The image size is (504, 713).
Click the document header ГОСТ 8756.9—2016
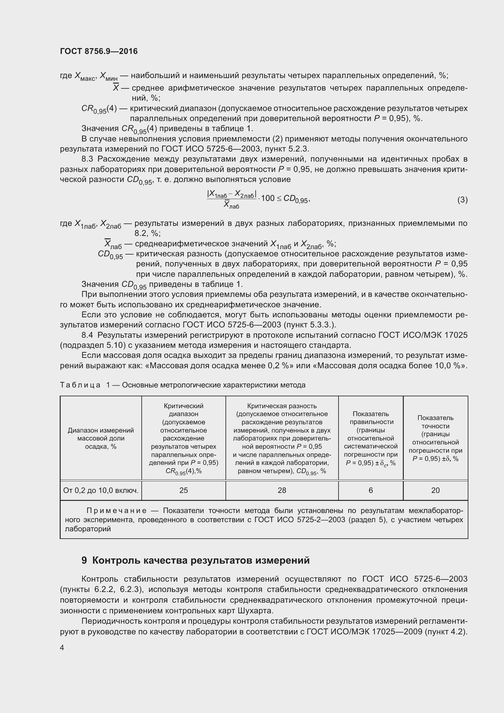pyautogui.click(x=99, y=51)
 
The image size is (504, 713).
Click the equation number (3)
pyautogui.click(x=462, y=200)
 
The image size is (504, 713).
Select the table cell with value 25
pyautogui.click(x=183, y=490)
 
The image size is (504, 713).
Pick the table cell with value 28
pyautogui.click(x=282, y=490)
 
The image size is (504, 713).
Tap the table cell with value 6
pyautogui.click(x=371, y=490)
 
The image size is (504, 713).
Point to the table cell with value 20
pyautogui.click(x=435, y=490)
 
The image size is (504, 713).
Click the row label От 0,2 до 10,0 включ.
pyautogui.click(x=101, y=490)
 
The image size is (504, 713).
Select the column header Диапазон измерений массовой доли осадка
pyautogui.click(x=101, y=438)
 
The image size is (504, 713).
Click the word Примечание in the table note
pyautogui.click(x=116, y=511)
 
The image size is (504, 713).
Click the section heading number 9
pyautogui.click(x=84, y=561)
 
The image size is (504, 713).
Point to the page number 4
pyautogui.click(x=62, y=647)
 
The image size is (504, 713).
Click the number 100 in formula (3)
pyautogui.click(x=268, y=198)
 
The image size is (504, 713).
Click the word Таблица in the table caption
pyautogui.click(x=80, y=385)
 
